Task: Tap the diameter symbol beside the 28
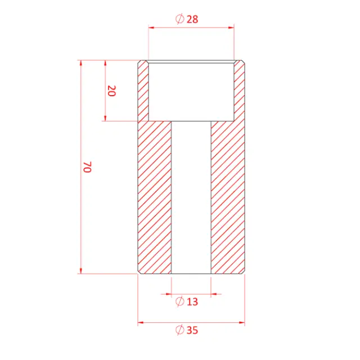[x=180, y=19]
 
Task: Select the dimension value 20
[x=111, y=91]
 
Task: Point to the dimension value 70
[x=87, y=167]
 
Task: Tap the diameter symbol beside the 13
[x=180, y=301]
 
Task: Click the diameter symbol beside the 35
[x=180, y=330]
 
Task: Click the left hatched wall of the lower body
[x=155, y=197]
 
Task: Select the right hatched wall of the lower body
[x=228, y=197]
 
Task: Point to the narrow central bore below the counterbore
[x=191, y=197]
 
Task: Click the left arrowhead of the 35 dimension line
[x=141, y=323]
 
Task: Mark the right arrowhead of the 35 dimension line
[x=242, y=323]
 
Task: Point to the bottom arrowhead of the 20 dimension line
[x=105, y=118]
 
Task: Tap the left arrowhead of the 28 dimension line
[x=151, y=26]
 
